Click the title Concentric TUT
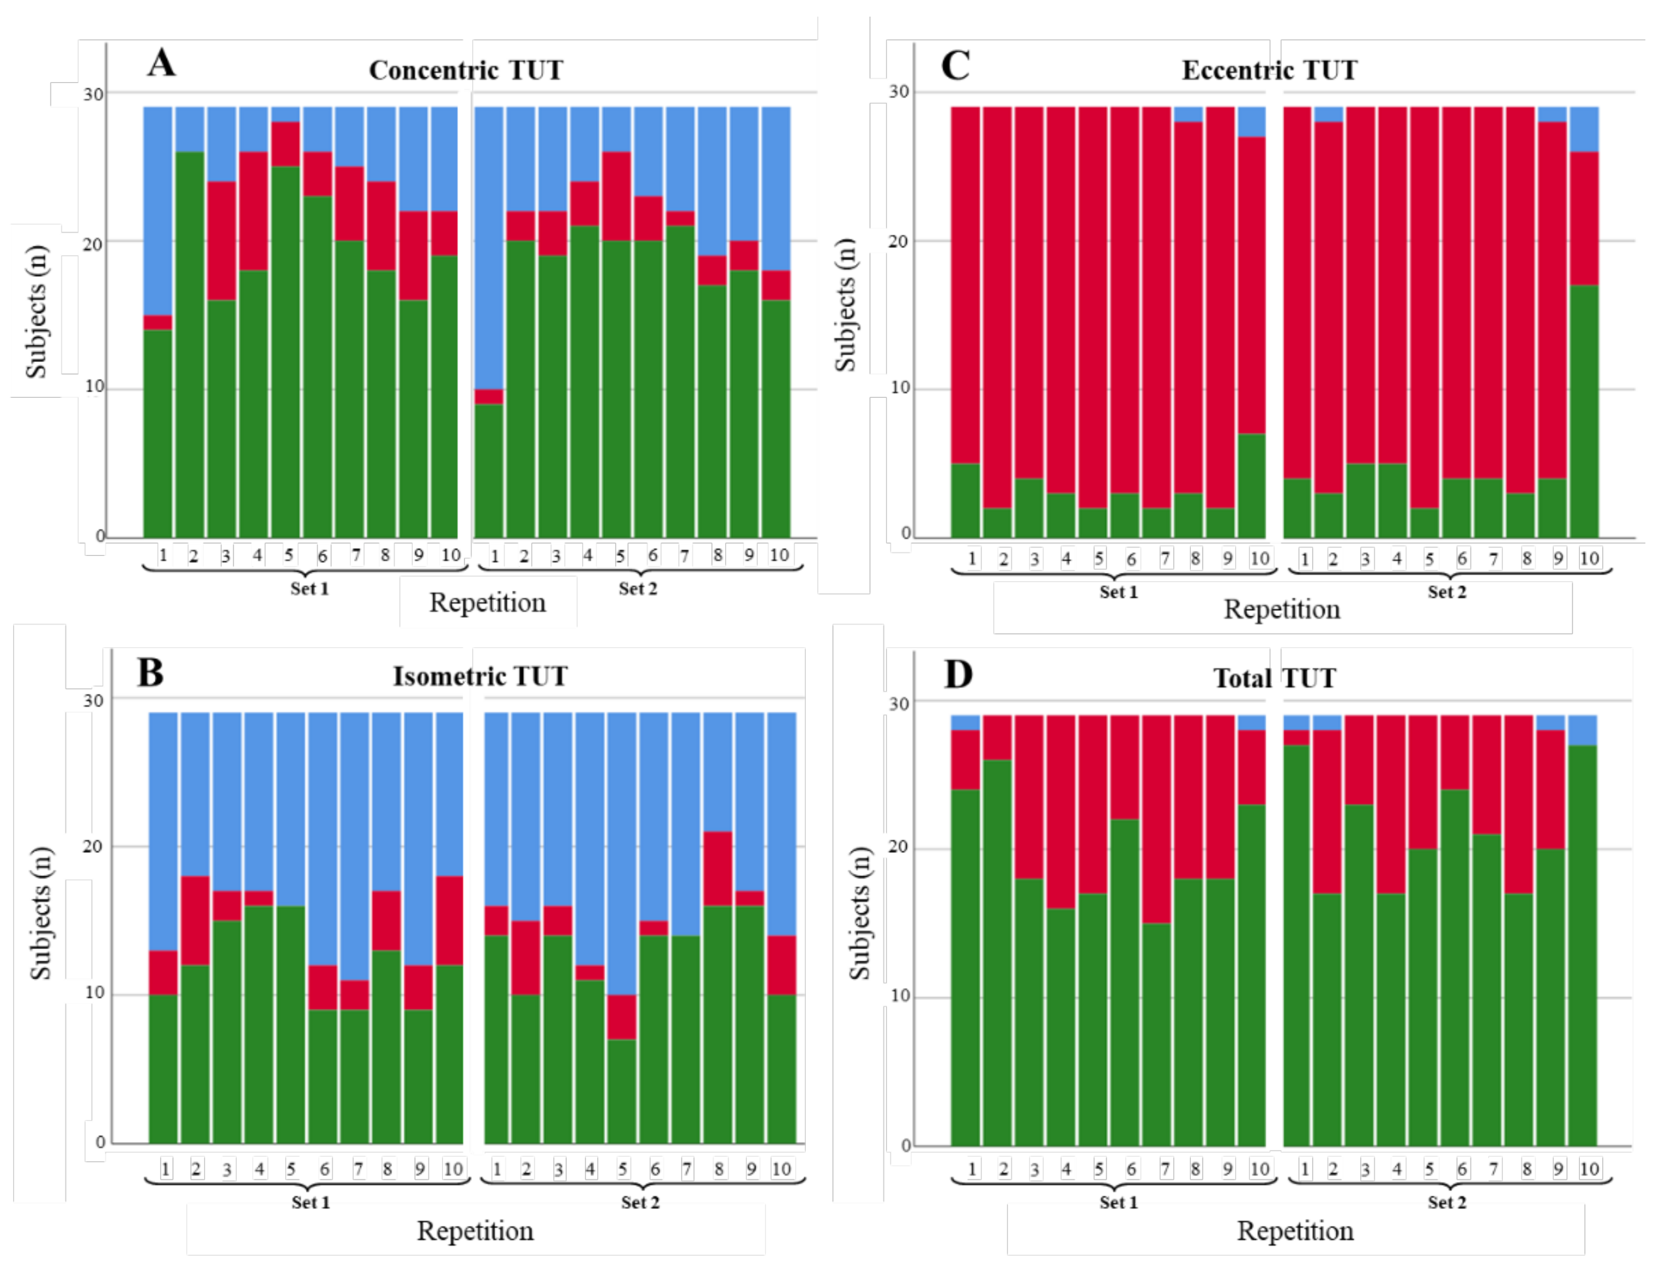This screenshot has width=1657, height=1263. tap(466, 70)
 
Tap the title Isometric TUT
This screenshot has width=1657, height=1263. tap(480, 676)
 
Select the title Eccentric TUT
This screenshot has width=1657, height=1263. tap(1269, 70)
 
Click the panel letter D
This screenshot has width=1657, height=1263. tap(958, 674)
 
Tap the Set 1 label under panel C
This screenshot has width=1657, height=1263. tap(1118, 592)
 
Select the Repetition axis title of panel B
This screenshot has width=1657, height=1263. tap(475, 1231)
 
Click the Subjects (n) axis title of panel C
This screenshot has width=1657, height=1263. tap(846, 305)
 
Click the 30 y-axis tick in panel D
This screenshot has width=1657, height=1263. tap(899, 704)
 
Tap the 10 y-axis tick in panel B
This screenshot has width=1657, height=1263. tap(94, 993)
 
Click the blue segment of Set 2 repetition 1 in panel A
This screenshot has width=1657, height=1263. tap(489, 248)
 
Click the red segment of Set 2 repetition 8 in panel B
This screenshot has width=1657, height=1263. tap(718, 868)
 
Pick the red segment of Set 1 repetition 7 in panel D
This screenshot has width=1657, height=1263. tap(1156, 819)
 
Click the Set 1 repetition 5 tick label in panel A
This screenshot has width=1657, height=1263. tap(289, 555)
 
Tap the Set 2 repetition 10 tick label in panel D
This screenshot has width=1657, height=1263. tap(1588, 1169)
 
